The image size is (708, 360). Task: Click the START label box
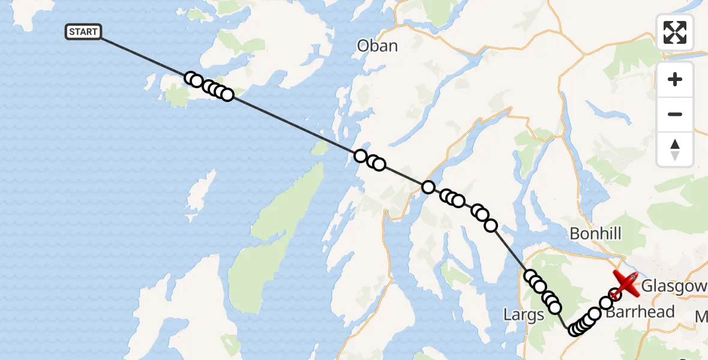click(x=83, y=32)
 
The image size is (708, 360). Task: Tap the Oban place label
click(x=377, y=46)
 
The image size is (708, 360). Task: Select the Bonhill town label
click(x=595, y=233)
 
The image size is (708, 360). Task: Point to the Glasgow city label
click(x=674, y=287)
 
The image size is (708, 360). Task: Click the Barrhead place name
click(x=640, y=313)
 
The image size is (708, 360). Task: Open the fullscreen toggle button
click(x=675, y=32)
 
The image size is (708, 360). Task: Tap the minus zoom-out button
click(x=675, y=115)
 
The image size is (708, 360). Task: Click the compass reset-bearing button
click(x=675, y=149)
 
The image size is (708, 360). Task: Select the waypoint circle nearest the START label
click(x=191, y=79)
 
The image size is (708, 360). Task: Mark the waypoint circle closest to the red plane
click(x=614, y=294)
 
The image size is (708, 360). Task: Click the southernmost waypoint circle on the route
click(x=574, y=330)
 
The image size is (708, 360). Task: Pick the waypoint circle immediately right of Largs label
click(x=555, y=308)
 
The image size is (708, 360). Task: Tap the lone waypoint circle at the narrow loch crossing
click(x=428, y=187)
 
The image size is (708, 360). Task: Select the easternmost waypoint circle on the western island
click(x=227, y=94)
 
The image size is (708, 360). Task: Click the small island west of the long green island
click(x=201, y=192)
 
